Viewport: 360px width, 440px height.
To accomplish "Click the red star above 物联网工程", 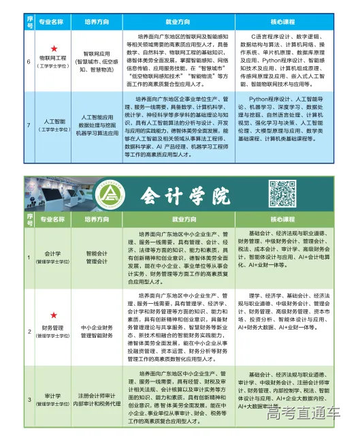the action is pyautogui.click(x=53, y=52).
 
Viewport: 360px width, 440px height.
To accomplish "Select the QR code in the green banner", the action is pyautogui.click(x=282, y=193).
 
